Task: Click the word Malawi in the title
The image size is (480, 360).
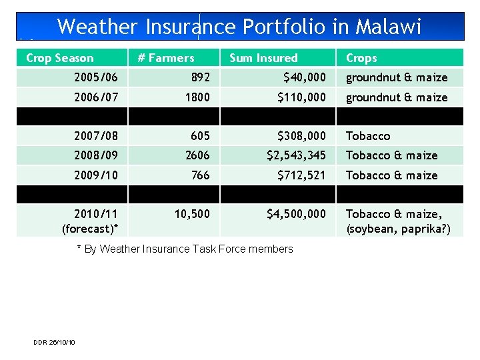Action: coord(388,27)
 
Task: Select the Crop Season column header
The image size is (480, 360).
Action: coord(60,58)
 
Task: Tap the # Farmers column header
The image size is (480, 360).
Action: coord(165,58)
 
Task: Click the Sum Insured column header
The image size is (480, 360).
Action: coord(263,58)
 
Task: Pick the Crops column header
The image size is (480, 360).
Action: coord(361,58)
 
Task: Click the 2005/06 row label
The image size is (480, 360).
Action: coord(96,77)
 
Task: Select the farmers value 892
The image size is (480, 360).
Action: coord(199,77)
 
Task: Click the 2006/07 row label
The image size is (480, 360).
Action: coord(96,97)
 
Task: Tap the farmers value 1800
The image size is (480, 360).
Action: coord(197,97)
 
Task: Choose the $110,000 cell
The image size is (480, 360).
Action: coord(302,97)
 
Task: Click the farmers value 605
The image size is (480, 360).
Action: coord(200,136)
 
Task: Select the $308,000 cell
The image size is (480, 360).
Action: coord(302,136)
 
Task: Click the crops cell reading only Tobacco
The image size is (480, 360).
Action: coord(367,136)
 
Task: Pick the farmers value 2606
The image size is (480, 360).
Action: coord(197,155)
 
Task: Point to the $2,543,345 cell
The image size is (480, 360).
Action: coord(297,155)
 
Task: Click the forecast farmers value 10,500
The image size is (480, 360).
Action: coord(192,214)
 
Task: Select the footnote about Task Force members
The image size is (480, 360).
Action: coord(185,249)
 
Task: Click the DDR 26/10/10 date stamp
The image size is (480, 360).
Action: coord(54,342)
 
